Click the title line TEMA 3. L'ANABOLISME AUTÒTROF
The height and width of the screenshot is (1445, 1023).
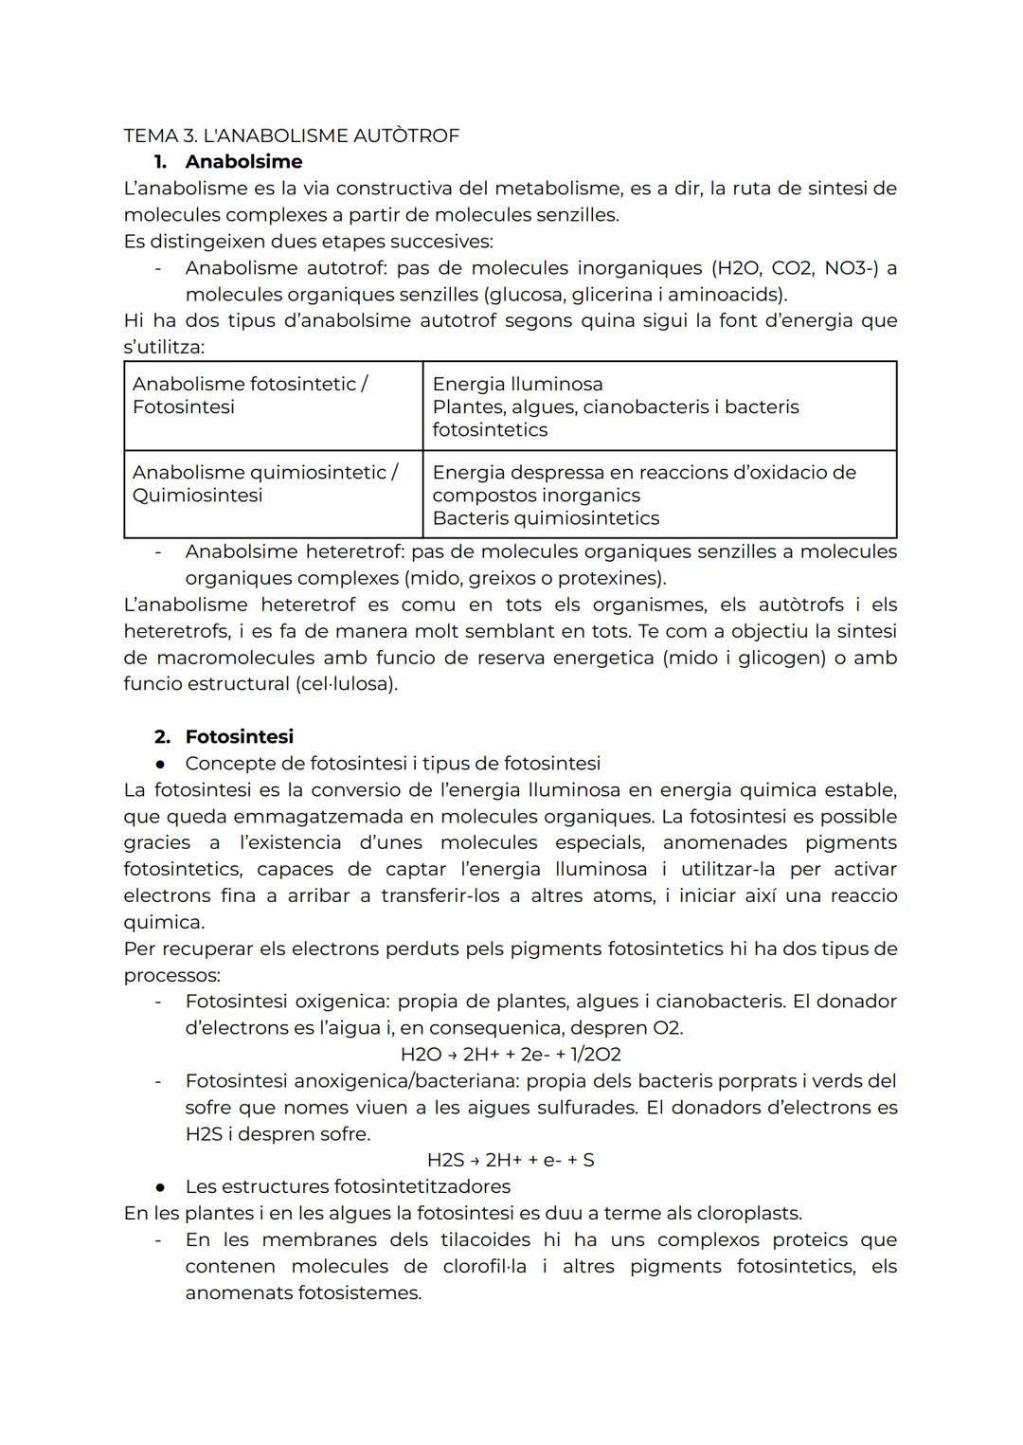click(x=291, y=135)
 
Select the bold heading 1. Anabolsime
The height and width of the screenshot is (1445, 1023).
click(x=228, y=162)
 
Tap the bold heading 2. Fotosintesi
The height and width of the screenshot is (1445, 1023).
click(x=224, y=736)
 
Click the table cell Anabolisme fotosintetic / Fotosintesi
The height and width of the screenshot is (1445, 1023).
click(x=273, y=406)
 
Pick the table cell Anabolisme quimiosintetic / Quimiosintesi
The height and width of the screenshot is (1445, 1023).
click(x=273, y=494)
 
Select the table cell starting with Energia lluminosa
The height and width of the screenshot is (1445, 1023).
click(x=658, y=406)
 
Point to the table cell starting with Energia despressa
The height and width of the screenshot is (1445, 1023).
click(x=658, y=494)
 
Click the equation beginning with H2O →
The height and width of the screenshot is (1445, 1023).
click(x=511, y=1055)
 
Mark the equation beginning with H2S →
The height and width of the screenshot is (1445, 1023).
click(x=511, y=1160)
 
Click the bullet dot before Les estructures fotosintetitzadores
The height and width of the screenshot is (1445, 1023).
click(x=162, y=1187)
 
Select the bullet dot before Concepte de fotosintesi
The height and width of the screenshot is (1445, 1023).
click(x=162, y=764)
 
